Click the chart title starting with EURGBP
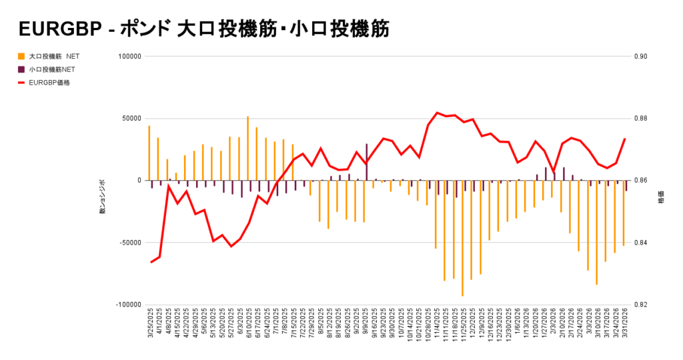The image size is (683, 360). [203, 30]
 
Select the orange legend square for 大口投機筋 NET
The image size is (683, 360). [22, 57]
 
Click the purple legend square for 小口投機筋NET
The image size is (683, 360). [22, 69]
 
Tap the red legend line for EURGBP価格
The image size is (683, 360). [22, 83]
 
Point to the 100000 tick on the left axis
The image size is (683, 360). [129, 57]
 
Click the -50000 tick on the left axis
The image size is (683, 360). [128, 243]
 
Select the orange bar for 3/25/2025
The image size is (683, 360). [149, 153]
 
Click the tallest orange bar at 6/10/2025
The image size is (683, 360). [247, 149]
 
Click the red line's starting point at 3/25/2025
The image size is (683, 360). [151, 262]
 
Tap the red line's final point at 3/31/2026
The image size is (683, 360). [625, 139]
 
